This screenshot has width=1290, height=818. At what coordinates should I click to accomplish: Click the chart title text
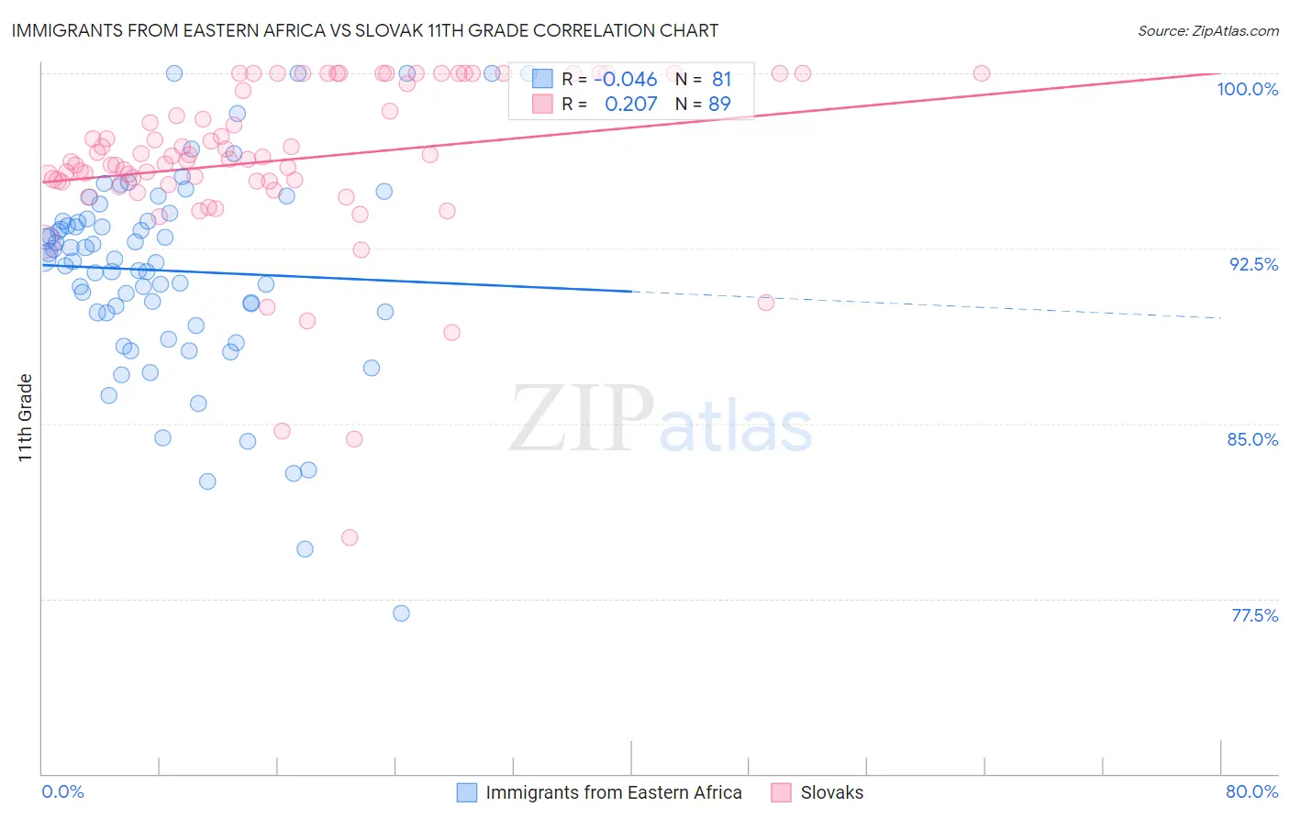[x=364, y=30]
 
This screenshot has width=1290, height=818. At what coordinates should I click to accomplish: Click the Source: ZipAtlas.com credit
[x=1207, y=30]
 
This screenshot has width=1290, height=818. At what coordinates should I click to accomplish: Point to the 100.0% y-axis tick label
[x=1247, y=89]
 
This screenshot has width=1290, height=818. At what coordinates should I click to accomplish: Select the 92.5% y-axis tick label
[x=1253, y=264]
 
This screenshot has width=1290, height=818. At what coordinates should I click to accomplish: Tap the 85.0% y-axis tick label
[x=1252, y=439]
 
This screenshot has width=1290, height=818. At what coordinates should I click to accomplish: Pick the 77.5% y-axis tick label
[x=1254, y=615]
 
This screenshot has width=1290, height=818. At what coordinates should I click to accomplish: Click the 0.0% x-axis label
[x=62, y=791]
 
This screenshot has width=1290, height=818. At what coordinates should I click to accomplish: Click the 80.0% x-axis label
[x=1251, y=791]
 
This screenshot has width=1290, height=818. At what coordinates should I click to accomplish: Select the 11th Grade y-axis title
[x=26, y=417]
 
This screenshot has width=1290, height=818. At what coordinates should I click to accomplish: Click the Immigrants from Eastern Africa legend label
[x=613, y=792]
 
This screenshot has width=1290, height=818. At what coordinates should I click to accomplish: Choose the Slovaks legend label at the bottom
[x=831, y=792]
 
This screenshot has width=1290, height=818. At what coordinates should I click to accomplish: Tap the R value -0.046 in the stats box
[x=625, y=80]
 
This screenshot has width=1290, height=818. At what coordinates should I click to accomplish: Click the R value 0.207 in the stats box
[x=630, y=105]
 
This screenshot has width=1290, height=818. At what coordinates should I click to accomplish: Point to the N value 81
[x=721, y=80]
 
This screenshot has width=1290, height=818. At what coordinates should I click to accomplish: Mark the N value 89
[x=719, y=105]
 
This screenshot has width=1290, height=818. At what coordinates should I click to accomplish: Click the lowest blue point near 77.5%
[x=401, y=613]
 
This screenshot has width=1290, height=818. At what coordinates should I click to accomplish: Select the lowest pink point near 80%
[x=350, y=537]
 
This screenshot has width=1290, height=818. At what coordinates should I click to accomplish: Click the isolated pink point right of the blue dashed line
[x=766, y=303]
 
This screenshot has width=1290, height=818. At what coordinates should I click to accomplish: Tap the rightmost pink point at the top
[x=982, y=73]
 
